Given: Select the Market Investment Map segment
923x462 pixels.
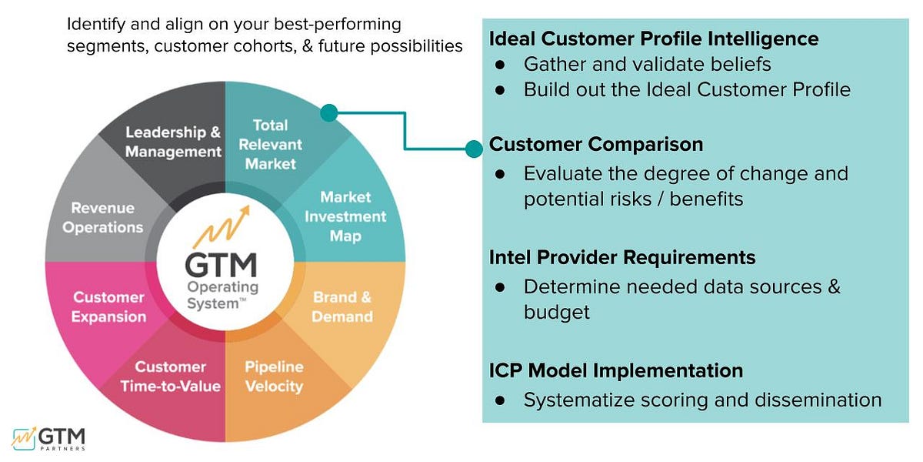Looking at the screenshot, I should (x=345, y=216).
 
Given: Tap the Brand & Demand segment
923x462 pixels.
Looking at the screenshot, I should (x=342, y=306).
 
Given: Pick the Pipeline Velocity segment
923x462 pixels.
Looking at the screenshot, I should (x=274, y=377).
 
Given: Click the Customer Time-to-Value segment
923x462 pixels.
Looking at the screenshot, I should (x=171, y=377).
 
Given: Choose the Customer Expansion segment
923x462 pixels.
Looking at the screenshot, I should (x=108, y=306).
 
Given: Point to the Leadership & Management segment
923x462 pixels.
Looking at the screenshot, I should (x=173, y=142).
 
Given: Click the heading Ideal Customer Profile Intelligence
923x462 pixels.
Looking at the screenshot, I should (x=654, y=38).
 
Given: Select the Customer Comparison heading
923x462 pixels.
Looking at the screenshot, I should (x=596, y=144).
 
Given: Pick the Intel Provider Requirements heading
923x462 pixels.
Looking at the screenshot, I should (x=622, y=256).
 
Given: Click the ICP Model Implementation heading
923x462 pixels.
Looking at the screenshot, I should (x=616, y=370).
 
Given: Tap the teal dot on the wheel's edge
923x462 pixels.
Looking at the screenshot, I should (x=329, y=113).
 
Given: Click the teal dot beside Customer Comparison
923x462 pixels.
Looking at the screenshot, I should (x=474, y=149).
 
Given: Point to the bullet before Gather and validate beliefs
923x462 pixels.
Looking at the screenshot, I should (x=500, y=65).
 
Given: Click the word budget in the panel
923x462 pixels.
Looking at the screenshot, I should (x=556, y=312).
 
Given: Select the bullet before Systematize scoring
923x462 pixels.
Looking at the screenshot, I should (x=500, y=400).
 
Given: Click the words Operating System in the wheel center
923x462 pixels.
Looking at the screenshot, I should (x=223, y=295).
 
